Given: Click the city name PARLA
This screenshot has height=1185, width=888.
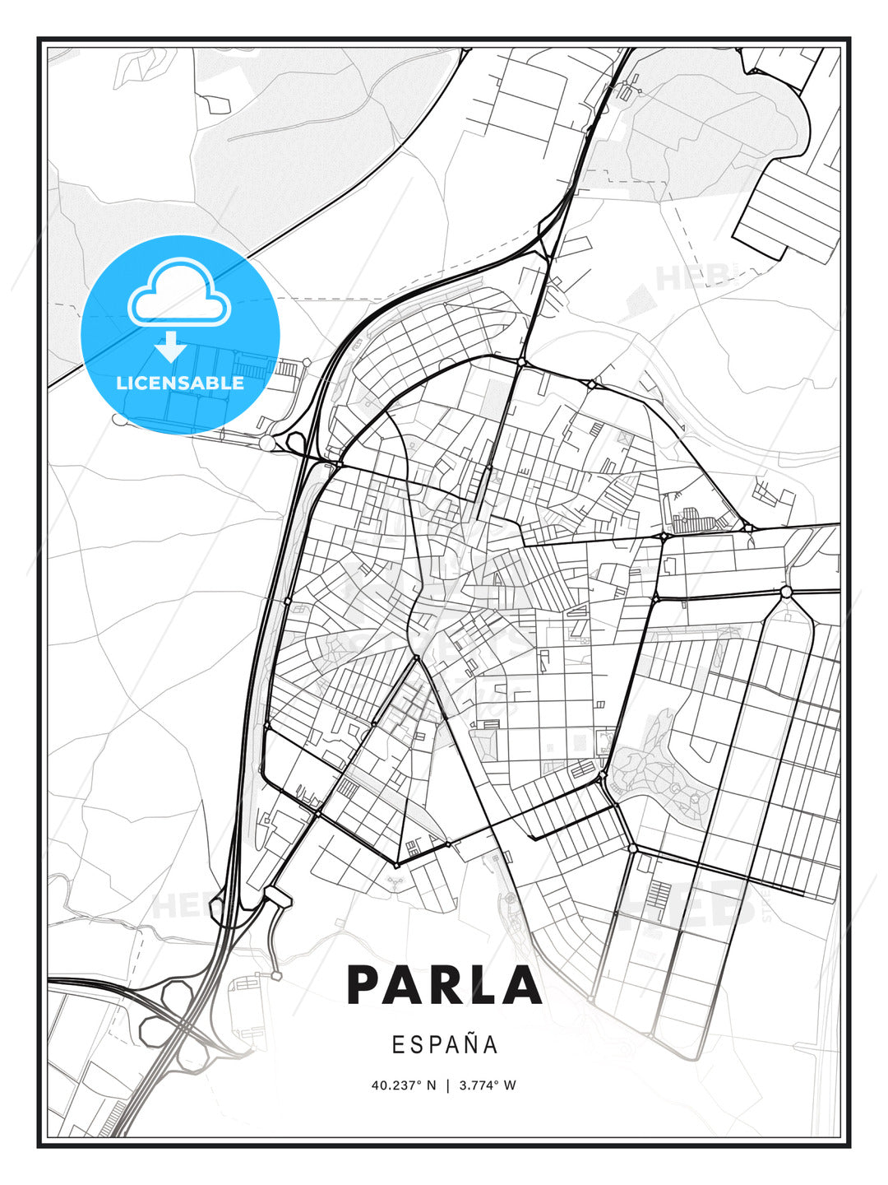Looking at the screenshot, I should click(x=444, y=984).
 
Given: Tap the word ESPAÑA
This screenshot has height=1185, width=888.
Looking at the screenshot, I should click(x=445, y=1044).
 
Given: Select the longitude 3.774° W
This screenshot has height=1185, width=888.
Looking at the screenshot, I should click(x=487, y=1085).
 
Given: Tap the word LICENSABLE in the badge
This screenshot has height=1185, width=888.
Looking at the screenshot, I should click(x=180, y=383).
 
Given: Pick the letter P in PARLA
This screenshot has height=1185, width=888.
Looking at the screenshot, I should click(x=366, y=984).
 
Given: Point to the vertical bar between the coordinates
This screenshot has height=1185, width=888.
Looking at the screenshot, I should click(x=447, y=1085).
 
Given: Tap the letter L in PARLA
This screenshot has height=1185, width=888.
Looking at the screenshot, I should click(x=483, y=984).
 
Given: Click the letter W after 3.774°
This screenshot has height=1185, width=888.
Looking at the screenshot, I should click(x=510, y=1085).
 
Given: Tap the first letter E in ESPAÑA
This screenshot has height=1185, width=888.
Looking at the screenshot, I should click(x=398, y=1045).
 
